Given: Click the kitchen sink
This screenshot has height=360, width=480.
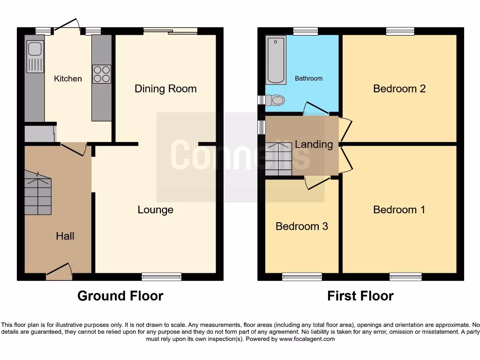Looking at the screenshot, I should (x=35, y=57).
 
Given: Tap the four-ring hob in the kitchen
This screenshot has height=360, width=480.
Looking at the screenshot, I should (x=101, y=74).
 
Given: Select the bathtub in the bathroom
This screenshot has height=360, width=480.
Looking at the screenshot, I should (x=276, y=60).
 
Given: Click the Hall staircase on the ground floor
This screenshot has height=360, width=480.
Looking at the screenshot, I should (x=37, y=193).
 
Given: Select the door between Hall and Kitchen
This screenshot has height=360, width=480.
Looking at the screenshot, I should (x=73, y=149).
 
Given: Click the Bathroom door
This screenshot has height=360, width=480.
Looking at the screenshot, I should (x=316, y=108).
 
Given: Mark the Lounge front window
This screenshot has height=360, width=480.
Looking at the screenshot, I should (x=161, y=277).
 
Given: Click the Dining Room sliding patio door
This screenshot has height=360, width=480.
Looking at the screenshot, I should (x=170, y=31).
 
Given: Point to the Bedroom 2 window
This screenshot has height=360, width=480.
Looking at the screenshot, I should (x=400, y=31).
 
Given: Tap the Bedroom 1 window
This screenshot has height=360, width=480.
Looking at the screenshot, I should (x=405, y=277).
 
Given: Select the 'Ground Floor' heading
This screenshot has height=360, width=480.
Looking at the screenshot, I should (x=120, y=296).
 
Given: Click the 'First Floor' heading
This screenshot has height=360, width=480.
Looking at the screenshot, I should (x=360, y=296).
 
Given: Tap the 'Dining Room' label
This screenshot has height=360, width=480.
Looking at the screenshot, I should (x=165, y=89).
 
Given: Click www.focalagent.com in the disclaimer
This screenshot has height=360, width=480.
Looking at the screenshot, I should (x=308, y=339).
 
